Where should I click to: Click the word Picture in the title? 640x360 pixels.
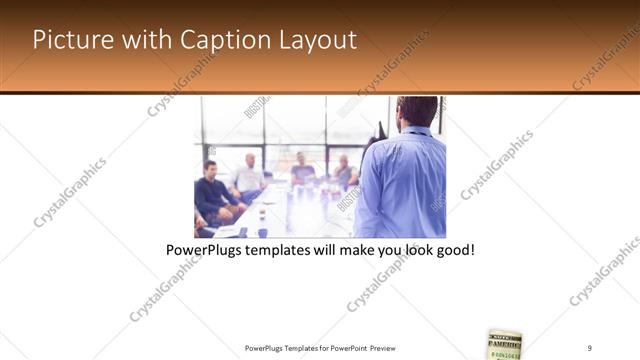[70, 40]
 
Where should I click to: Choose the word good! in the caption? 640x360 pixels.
[452, 250]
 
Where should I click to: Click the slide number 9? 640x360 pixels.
[590, 347]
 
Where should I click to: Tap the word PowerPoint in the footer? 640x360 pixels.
[346, 347]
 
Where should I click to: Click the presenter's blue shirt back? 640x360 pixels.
[402, 185]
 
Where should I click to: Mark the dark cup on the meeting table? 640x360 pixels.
[262, 231]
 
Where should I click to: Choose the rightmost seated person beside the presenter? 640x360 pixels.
[344, 172]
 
